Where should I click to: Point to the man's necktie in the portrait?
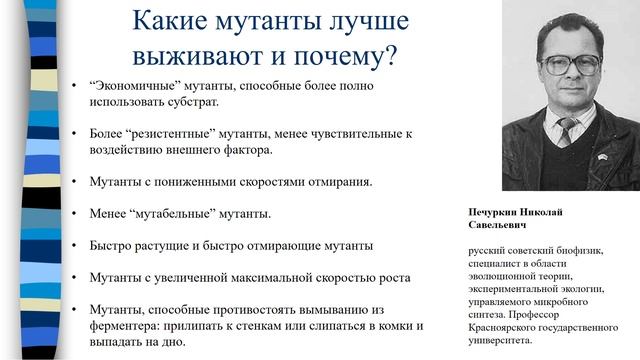[567, 131]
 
